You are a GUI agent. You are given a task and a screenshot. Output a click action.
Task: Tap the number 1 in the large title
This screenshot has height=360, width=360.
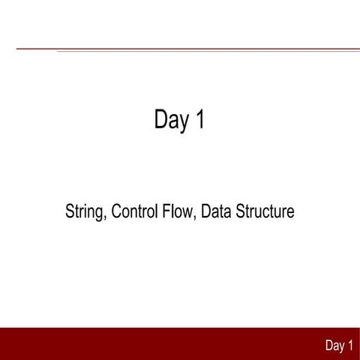199,120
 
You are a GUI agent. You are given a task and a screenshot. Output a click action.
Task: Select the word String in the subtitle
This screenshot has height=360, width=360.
86,212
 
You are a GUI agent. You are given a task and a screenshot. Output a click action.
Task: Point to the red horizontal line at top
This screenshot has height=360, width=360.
180,49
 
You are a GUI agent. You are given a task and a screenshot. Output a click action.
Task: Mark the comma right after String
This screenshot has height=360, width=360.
107,218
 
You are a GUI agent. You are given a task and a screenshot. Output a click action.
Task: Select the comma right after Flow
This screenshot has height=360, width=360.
195,218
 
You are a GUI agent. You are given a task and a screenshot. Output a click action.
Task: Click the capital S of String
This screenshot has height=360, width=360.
70,211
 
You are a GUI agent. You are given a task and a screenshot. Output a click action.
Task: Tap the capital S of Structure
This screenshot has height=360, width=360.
241,211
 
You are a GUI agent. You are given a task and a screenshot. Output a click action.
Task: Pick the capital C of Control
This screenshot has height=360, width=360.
116,211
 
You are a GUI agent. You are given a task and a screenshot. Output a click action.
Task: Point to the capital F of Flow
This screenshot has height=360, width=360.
166,211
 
